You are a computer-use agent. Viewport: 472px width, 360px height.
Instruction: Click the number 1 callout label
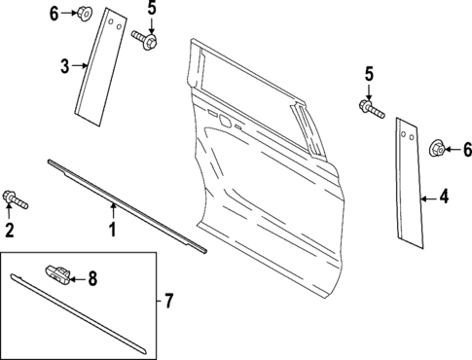(x=112, y=231)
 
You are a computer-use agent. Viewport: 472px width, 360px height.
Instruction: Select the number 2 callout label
(x=10, y=231)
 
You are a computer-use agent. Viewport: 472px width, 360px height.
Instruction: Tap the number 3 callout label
(x=63, y=66)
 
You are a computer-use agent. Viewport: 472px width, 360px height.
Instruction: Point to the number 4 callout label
(x=444, y=198)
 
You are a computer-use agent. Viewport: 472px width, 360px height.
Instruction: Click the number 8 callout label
(x=92, y=279)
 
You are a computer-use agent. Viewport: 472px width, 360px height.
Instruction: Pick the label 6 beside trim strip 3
(x=54, y=13)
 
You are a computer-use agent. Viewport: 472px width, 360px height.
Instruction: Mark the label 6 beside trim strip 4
(x=466, y=149)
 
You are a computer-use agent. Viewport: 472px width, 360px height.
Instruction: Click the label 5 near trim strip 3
(x=151, y=9)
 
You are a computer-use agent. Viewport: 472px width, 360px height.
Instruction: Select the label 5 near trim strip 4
(x=368, y=73)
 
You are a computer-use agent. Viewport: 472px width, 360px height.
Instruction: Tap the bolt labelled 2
(x=16, y=200)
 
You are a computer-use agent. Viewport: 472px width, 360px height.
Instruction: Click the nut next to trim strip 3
(x=86, y=14)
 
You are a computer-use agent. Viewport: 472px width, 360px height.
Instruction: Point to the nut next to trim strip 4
(x=437, y=149)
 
